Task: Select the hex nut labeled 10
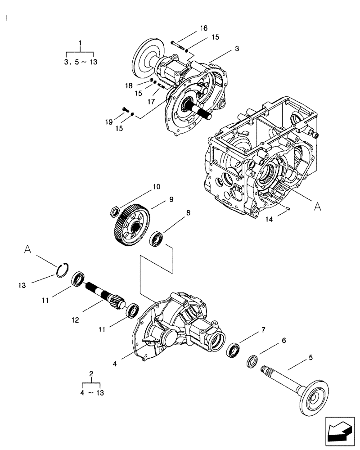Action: coord(115,210)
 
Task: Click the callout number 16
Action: coord(203,28)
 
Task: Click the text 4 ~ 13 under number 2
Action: coord(93,392)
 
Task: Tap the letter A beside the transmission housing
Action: coord(317,206)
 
